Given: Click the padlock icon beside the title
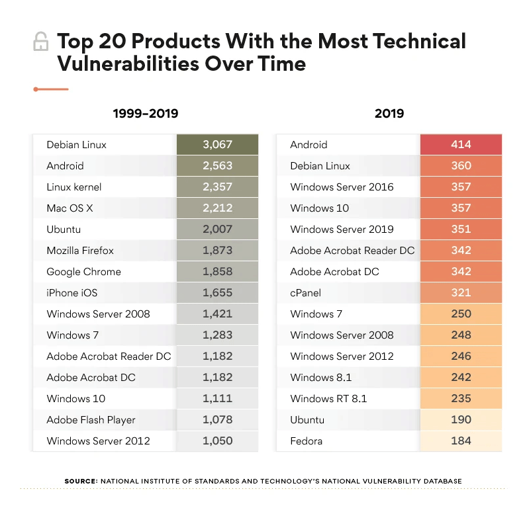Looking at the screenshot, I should [40, 43].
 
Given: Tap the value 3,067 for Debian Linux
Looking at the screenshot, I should [216, 145].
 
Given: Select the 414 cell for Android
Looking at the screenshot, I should [461, 145].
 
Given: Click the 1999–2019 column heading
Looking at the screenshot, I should [145, 114].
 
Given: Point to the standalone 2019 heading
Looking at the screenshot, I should [389, 114].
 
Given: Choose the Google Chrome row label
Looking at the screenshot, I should [83, 272].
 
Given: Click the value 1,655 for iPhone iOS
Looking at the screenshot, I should [216, 293].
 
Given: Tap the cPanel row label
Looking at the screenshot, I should [307, 293].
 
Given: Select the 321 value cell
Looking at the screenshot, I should [461, 293].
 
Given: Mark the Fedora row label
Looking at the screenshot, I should [307, 441].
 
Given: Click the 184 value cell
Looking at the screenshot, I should [461, 441].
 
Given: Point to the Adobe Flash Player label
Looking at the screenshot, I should [91, 420].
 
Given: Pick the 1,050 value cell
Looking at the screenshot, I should [216, 441].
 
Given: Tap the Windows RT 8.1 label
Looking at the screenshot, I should [328, 399].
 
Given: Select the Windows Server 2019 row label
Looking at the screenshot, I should [342, 230].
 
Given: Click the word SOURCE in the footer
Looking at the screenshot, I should [81, 481].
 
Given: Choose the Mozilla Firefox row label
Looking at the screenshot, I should [80, 251].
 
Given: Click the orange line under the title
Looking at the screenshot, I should [51, 89].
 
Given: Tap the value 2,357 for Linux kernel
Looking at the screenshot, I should [216, 187].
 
